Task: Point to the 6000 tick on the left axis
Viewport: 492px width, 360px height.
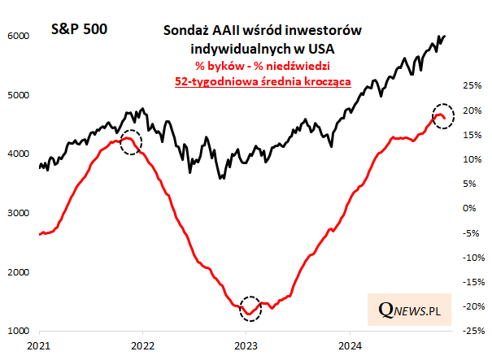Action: (x=18, y=37)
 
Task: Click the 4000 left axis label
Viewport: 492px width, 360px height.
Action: (x=18, y=154)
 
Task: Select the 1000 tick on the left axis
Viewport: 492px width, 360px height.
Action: (x=18, y=332)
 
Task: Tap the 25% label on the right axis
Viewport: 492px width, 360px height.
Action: (x=471, y=85)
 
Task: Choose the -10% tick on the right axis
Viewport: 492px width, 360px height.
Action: (x=469, y=258)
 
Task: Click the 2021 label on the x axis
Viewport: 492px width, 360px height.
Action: (x=39, y=346)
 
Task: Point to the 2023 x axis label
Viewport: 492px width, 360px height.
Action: (x=246, y=346)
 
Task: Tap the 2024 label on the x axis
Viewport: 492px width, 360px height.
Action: (x=349, y=346)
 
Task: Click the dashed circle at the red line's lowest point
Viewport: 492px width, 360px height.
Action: (x=250, y=308)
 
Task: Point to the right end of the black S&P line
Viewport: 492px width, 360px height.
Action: (x=445, y=36)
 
